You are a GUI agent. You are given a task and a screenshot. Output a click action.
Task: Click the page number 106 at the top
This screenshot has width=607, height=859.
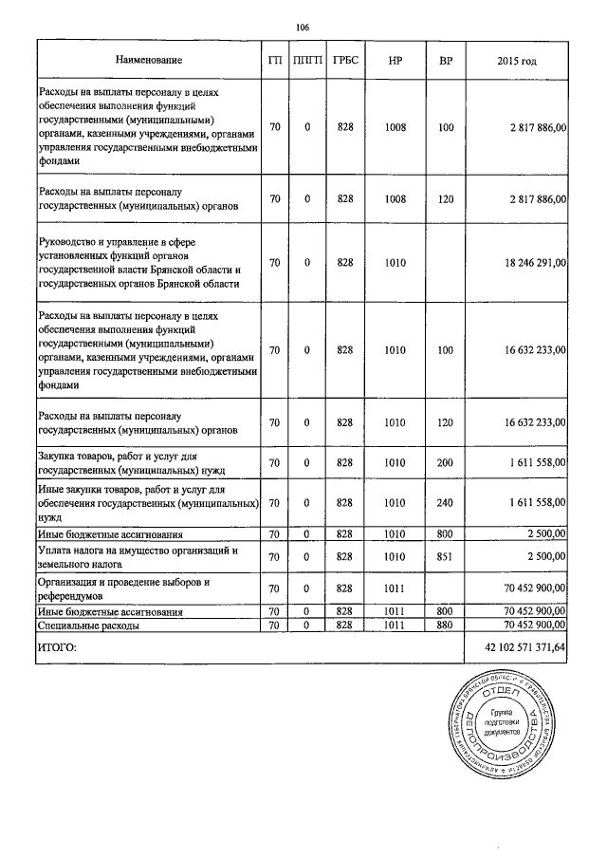pyautogui.click(x=303, y=27)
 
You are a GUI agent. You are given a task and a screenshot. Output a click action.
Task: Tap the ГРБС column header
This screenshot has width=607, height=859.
pyautogui.click(x=344, y=61)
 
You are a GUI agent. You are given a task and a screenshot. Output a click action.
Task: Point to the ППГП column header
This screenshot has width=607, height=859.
pyautogui.click(x=307, y=61)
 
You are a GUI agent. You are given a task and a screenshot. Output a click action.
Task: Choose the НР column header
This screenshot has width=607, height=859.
pyautogui.click(x=395, y=61)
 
